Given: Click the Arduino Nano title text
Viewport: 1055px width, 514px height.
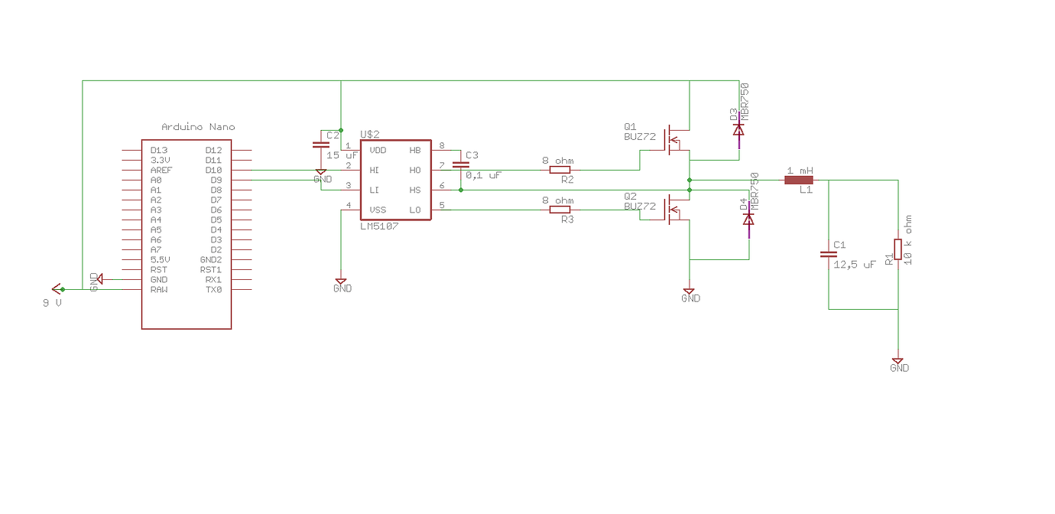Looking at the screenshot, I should click(198, 127).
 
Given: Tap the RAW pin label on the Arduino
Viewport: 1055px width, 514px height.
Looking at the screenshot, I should click(159, 290).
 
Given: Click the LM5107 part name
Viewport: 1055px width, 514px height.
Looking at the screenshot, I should click(379, 226).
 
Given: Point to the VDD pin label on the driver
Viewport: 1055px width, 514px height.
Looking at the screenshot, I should click(378, 150).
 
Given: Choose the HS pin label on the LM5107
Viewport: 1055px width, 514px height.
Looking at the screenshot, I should click(415, 190).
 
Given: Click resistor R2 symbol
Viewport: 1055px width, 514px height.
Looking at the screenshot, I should click(560, 170).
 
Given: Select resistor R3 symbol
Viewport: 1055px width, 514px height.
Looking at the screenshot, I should click(560, 210).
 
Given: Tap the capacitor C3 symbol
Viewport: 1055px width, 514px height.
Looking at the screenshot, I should click(461, 164).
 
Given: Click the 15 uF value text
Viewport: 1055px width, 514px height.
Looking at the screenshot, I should click(342, 155).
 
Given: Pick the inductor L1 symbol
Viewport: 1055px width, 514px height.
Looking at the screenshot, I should click(799, 181).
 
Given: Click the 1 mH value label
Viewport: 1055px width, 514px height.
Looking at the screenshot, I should click(800, 170).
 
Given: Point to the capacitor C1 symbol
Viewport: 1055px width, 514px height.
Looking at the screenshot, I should click(828, 254).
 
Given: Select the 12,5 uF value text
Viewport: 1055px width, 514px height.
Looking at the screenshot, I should click(854, 264).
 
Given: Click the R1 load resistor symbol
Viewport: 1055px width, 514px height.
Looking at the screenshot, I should click(898, 248).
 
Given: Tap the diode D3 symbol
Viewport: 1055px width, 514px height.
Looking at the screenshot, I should click(738, 130).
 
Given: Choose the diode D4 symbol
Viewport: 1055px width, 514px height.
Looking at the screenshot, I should click(748, 220).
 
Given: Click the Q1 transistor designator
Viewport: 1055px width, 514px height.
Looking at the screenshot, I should click(630, 126).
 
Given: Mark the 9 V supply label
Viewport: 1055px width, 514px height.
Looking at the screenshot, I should click(52, 303).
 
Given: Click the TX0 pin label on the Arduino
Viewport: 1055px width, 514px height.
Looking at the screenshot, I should click(213, 290).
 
